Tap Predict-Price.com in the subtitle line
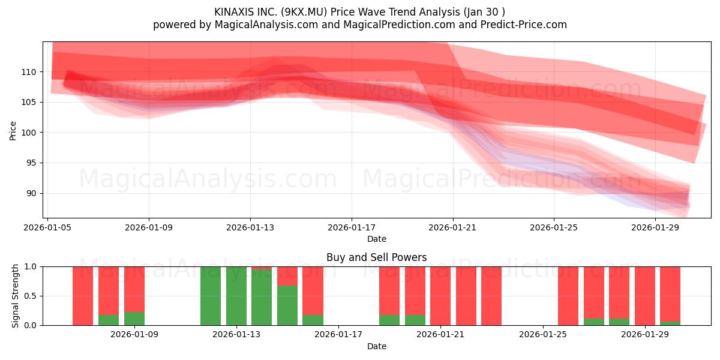coord(524,25)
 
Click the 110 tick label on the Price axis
coord(29,72)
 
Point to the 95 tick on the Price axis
coord(31,163)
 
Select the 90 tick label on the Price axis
coord(31,193)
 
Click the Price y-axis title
coord(13,131)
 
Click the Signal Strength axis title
coord(15,296)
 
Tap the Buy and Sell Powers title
coord(376,257)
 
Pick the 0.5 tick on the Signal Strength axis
coord(31,296)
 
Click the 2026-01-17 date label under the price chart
coord(352,227)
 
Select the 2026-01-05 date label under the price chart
coord(47,227)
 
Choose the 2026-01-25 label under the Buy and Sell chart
coord(543,334)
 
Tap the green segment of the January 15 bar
coord(287,305)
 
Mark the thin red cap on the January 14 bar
coord(262,268)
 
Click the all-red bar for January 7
coord(83,296)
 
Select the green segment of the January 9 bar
coord(134,319)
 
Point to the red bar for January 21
coord(440,296)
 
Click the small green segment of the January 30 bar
coord(670,323)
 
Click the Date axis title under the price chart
coord(376,239)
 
